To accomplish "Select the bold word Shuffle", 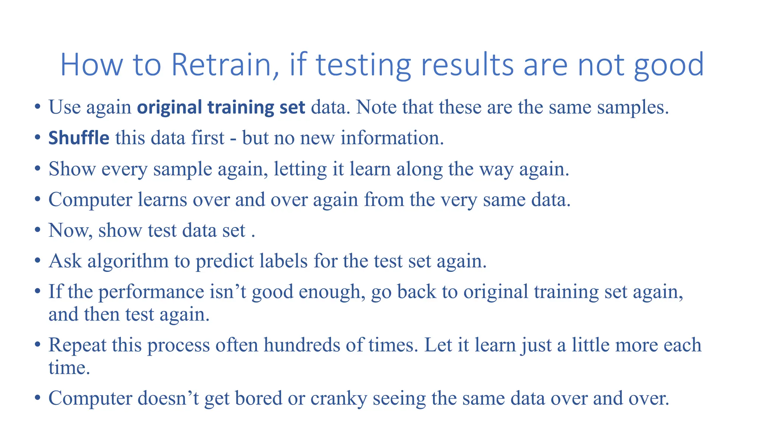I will (79, 138).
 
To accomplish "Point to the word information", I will (392, 138).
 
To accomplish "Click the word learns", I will (163, 200).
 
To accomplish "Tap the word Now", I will (70, 231).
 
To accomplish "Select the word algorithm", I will (128, 261).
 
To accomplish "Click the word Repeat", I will (77, 345).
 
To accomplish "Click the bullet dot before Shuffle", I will (37, 138).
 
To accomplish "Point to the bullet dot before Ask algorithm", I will (37, 261).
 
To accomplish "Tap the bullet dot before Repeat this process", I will (37, 345).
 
